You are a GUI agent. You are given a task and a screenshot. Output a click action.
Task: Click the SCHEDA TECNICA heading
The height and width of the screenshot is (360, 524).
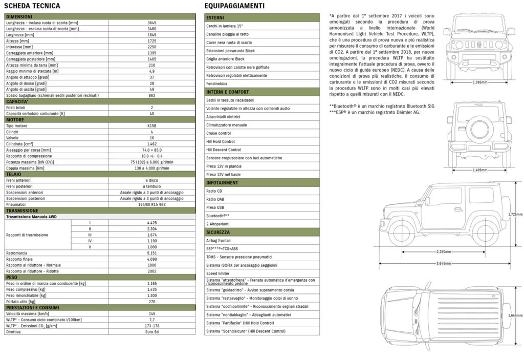[32, 6]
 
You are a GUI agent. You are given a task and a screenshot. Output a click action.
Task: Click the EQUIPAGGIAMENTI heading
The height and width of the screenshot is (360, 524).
[234, 6]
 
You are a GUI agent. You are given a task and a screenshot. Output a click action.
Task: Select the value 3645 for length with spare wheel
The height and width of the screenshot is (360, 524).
[151, 23]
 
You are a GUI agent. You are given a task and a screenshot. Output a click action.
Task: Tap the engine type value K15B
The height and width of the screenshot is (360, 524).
[151, 125]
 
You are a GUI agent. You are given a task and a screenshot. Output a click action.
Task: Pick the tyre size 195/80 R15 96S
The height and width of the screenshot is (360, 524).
[151, 204]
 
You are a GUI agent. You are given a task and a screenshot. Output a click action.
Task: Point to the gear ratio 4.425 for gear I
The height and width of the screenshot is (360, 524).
[151, 223]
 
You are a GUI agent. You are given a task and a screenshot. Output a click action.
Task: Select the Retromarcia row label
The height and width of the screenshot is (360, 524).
[19, 253]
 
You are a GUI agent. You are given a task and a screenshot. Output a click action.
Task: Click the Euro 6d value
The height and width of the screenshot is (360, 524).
[151, 332]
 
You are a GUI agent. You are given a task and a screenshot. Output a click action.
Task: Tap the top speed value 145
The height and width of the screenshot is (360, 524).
[151, 313]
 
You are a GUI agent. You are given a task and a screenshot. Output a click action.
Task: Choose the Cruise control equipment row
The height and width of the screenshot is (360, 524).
[219, 133]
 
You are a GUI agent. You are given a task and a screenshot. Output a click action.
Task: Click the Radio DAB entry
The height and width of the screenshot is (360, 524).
[215, 199]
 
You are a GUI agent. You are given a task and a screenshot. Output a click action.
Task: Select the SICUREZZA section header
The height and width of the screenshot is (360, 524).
[219, 232]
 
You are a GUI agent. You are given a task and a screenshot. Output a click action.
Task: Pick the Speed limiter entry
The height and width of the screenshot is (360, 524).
[218, 273]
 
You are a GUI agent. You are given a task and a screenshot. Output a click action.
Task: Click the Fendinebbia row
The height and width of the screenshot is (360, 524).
[217, 83]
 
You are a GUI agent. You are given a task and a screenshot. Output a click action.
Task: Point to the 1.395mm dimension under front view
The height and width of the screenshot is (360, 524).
[479, 82]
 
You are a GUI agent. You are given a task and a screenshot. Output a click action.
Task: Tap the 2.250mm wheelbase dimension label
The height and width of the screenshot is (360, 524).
[444, 251]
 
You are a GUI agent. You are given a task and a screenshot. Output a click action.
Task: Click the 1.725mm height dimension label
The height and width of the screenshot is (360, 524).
[515, 215]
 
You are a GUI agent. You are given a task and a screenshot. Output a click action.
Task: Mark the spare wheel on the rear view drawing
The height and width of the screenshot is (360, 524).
[479, 128]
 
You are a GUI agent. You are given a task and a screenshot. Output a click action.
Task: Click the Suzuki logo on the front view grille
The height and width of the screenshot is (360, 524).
[479, 44]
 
